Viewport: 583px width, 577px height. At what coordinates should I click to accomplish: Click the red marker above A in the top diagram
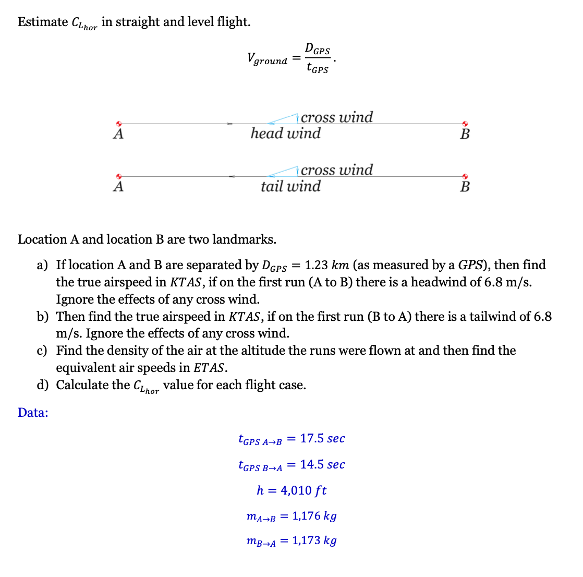119,124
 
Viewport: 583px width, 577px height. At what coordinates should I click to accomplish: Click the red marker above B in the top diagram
465,124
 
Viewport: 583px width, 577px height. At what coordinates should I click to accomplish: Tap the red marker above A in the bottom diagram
119,176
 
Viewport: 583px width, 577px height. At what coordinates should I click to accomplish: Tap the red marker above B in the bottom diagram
465,176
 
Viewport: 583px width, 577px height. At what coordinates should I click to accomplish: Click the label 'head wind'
285,134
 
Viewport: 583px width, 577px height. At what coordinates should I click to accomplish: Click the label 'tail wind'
290,186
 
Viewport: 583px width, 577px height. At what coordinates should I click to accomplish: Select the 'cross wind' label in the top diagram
337,117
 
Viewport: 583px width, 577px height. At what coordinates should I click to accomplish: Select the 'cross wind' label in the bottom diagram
337,170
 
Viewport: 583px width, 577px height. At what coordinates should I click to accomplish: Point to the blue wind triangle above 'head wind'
285,119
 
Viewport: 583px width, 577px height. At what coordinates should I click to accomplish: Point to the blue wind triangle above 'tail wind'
285,172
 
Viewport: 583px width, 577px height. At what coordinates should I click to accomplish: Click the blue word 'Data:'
33,413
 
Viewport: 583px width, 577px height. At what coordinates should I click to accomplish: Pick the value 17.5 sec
322,439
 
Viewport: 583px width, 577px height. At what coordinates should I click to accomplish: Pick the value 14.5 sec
322,464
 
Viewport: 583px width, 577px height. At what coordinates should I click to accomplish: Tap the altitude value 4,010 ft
303,490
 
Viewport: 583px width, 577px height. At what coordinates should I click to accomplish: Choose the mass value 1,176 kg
314,516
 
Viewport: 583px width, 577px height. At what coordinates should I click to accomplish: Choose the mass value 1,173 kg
314,540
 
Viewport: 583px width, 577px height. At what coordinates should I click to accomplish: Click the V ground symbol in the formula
267,58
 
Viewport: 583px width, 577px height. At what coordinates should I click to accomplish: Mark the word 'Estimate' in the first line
43,22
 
